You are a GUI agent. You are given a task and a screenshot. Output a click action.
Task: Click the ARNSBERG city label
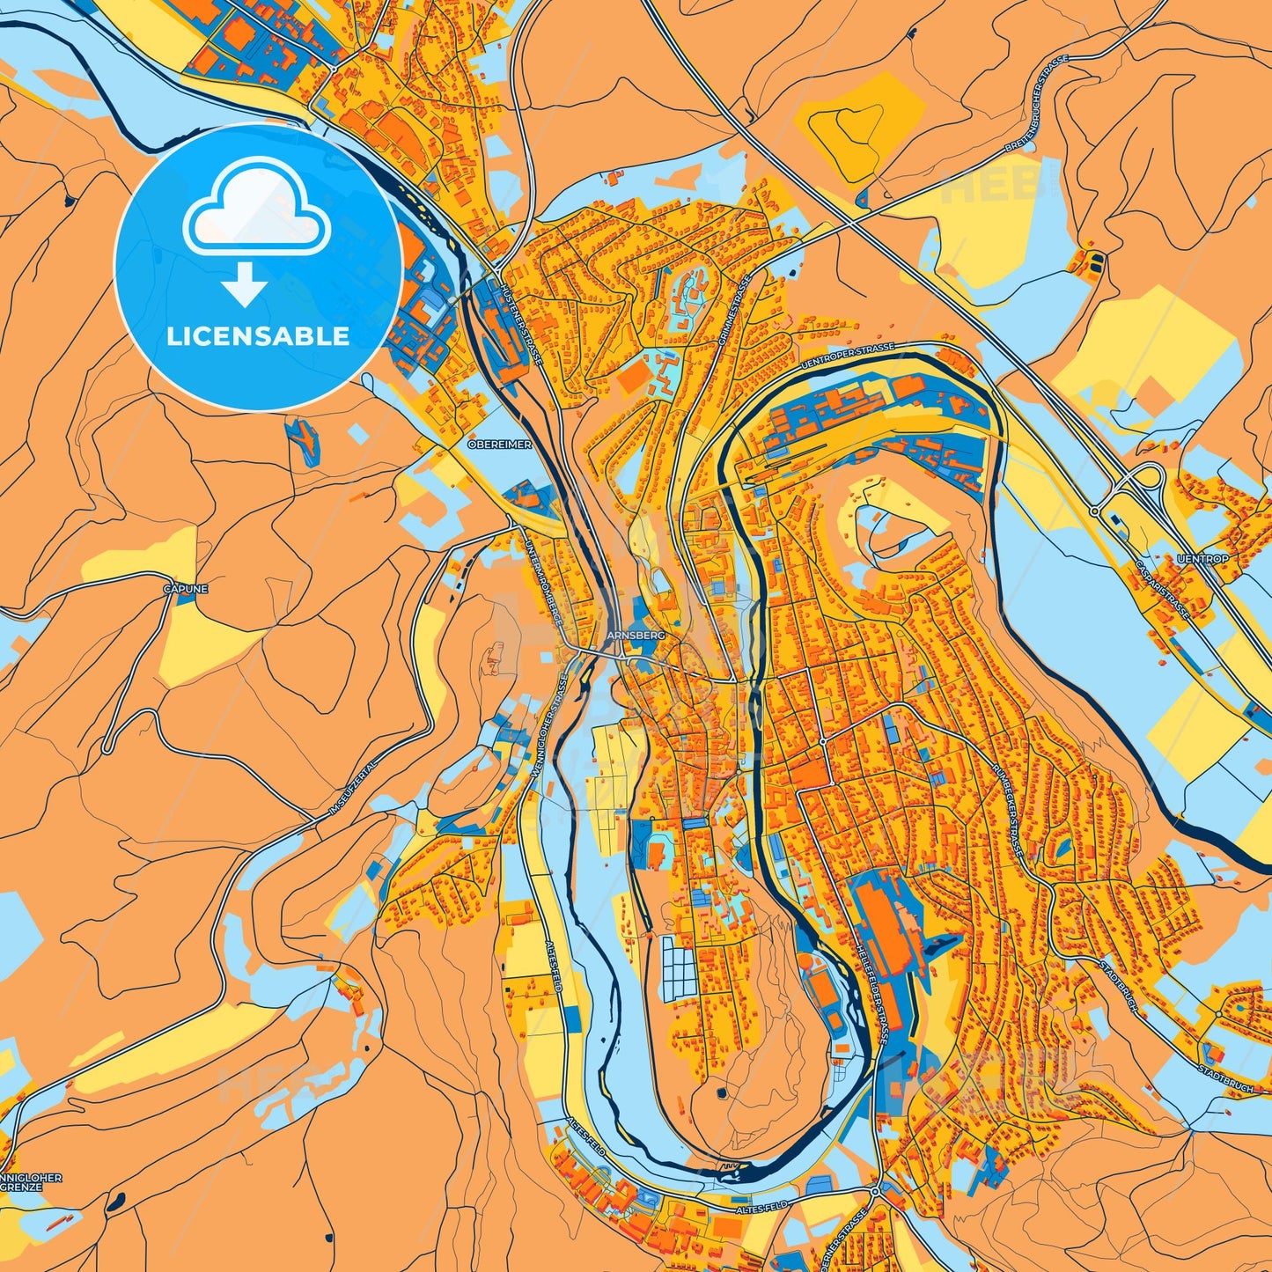[x=630, y=634]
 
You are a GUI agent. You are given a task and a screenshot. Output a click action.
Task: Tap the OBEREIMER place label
[x=499, y=445]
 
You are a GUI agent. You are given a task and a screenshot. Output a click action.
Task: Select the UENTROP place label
[x=1202, y=558]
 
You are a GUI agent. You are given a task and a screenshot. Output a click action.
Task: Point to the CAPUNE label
[x=185, y=588]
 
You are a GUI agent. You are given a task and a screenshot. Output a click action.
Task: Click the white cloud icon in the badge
[x=256, y=209]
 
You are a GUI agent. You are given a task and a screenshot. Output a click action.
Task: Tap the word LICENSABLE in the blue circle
[x=258, y=335]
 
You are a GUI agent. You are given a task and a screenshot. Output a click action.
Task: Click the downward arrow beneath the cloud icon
[x=245, y=283]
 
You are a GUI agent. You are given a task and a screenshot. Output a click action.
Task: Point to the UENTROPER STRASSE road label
[x=848, y=356]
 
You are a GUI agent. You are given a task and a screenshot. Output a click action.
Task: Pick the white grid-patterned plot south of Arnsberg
[x=679, y=968]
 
